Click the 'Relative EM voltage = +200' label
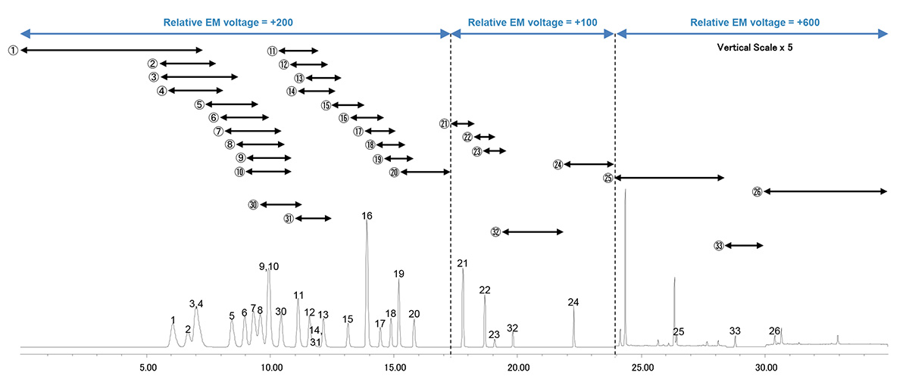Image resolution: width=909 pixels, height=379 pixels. [228, 23]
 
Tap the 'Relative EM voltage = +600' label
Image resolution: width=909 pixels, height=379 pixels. [754, 23]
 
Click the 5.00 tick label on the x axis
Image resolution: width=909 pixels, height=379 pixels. [148, 368]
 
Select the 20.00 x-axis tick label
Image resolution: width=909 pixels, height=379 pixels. [518, 368]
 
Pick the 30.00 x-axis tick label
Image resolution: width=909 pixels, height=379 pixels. [765, 368]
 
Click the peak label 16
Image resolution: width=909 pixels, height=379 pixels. [367, 216]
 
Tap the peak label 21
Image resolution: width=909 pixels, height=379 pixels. [462, 263]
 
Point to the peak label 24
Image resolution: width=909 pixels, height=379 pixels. [573, 303]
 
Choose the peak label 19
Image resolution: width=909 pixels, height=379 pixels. [399, 274]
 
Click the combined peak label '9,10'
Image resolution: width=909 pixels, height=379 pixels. [269, 266]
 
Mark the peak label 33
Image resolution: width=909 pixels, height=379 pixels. [735, 331]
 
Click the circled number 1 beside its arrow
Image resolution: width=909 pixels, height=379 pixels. [13, 50]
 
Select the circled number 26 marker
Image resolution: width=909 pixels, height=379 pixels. [756, 192]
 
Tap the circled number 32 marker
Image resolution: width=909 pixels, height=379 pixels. [495, 232]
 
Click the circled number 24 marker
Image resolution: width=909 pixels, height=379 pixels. [558, 164]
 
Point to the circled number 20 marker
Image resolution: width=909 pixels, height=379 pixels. [394, 172]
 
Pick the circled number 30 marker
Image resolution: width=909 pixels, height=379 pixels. [253, 205]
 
